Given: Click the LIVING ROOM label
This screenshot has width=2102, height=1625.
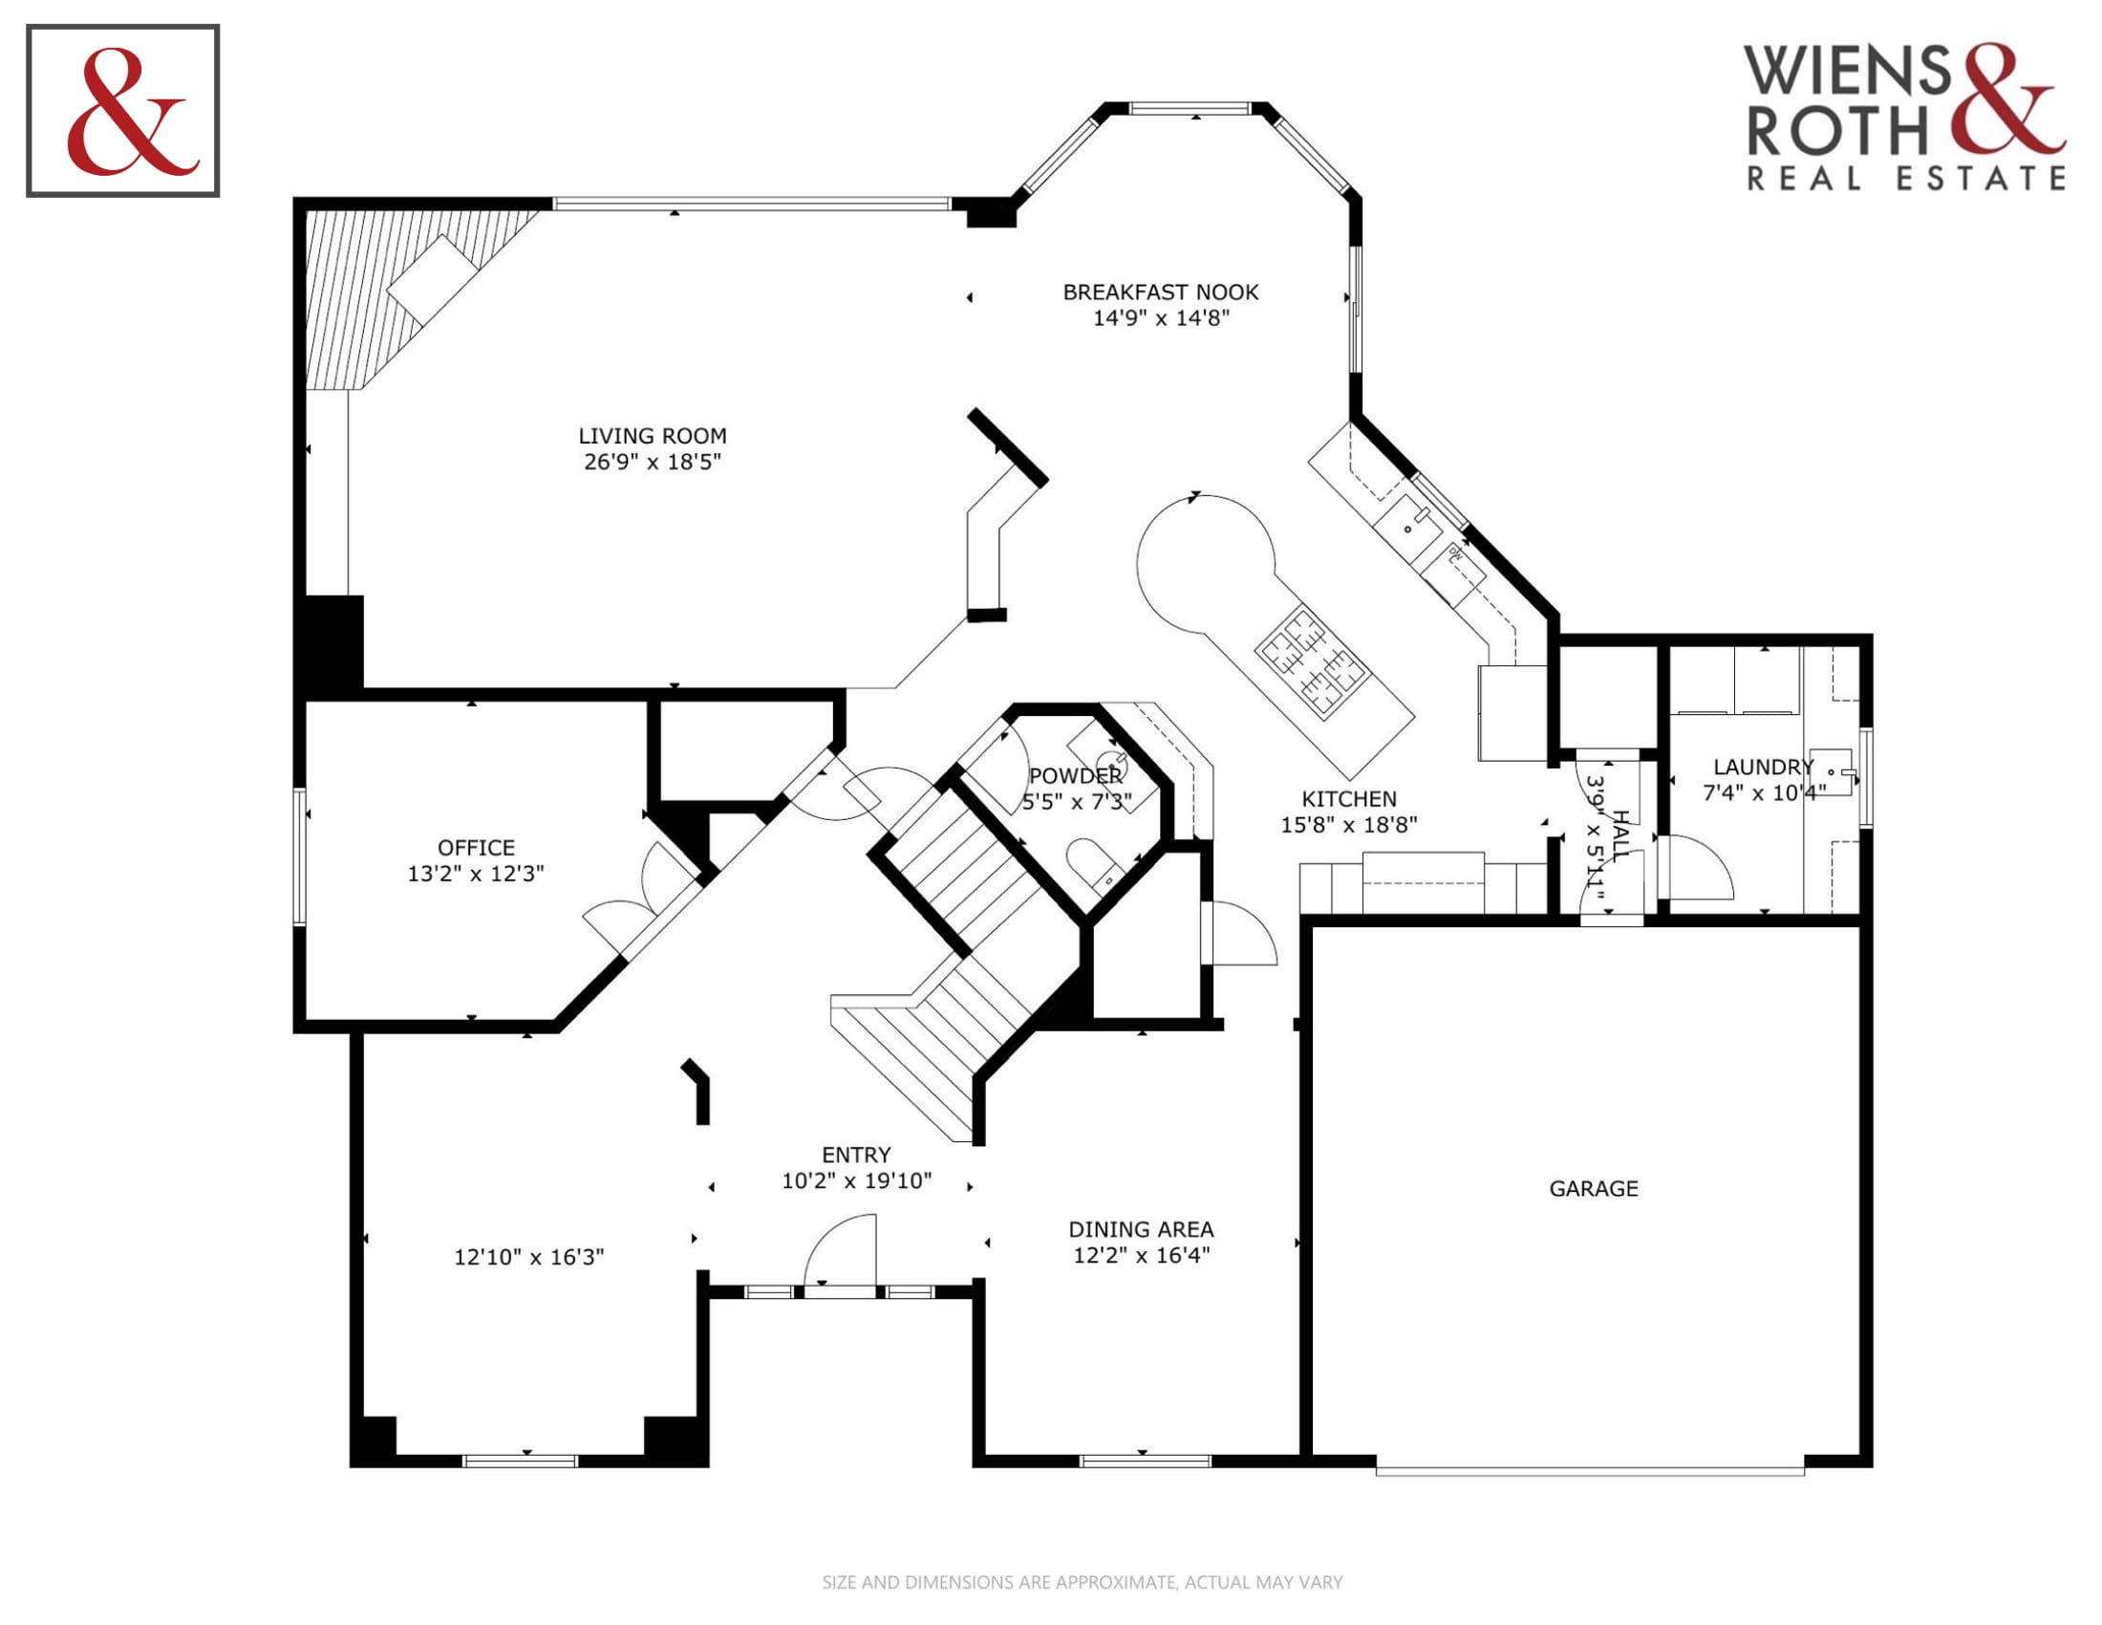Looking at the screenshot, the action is tap(652, 436).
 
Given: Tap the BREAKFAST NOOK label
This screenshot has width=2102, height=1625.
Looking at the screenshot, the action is tap(1161, 292).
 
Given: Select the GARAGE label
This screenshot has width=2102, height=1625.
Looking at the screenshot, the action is tap(1593, 1189).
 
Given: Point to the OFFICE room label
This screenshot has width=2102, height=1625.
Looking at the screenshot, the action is tap(476, 848).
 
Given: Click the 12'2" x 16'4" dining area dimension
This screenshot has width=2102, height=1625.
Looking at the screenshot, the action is tap(1142, 1255).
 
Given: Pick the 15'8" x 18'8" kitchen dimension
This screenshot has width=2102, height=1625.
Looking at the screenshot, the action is tap(1348, 825).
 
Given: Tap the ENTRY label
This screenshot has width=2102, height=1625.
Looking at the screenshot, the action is tap(856, 1156).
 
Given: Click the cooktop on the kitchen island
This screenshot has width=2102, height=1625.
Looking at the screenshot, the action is tap(1312, 659).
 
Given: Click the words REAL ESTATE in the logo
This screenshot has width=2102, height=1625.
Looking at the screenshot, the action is tap(1906, 178).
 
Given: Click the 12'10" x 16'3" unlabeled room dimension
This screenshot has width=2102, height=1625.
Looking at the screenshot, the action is tap(528, 1257).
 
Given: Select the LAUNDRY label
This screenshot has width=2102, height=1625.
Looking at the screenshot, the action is tap(1763, 768).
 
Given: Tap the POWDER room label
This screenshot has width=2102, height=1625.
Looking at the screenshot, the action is tap(1075, 776).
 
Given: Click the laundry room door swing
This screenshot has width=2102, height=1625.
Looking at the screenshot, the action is tap(1700, 867).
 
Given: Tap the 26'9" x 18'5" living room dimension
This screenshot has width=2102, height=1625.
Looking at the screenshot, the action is tap(652, 462).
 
